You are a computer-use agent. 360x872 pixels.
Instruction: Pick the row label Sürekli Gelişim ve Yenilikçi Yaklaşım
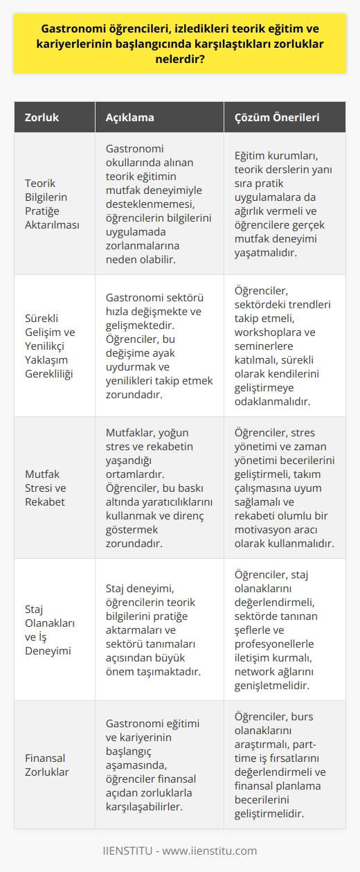pos(53,345)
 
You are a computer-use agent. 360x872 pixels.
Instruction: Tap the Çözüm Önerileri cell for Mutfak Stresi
pos(284,487)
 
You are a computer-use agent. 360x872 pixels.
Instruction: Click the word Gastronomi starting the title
pos(73,31)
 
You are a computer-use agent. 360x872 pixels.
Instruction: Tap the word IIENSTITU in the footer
pos(129,851)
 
